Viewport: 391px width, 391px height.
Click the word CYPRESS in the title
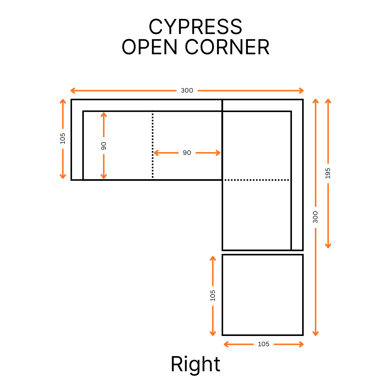pyautogui.click(x=195, y=27)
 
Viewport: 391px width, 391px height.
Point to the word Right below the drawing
pyautogui.click(x=195, y=364)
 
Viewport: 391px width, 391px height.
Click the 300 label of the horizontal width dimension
pyautogui.click(x=187, y=91)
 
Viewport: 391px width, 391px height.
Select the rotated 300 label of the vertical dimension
pyautogui.click(x=315, y=217)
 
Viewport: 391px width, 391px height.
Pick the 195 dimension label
pyautogui.click(x=328, y=173)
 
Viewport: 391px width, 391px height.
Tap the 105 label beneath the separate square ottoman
pyautogui.click(x=263, y=344)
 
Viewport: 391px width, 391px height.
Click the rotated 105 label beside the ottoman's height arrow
pyautogui.click(x=213, y=295)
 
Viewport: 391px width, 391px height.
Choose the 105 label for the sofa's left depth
pyautogui.click(x=63, y=139)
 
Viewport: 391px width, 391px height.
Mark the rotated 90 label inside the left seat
pyautogui.click(x=104, y=146)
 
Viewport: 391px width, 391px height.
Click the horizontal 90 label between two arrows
pyautogui.click(x=187, y=153)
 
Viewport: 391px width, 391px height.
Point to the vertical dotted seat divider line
pyautogui.click(x=153, y=145)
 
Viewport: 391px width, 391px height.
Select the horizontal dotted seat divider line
pyautogui.click(x=257, y=180)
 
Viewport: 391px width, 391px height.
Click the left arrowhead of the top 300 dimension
pyautogui.click(x=72, y=91)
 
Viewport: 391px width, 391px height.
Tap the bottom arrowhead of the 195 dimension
pyautogui.click(x=328, y=246)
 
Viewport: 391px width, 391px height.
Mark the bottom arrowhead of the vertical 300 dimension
pyautogui.click(x=315, y=334)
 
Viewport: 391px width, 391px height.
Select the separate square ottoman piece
pyautogui.click(x=262, y=295)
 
